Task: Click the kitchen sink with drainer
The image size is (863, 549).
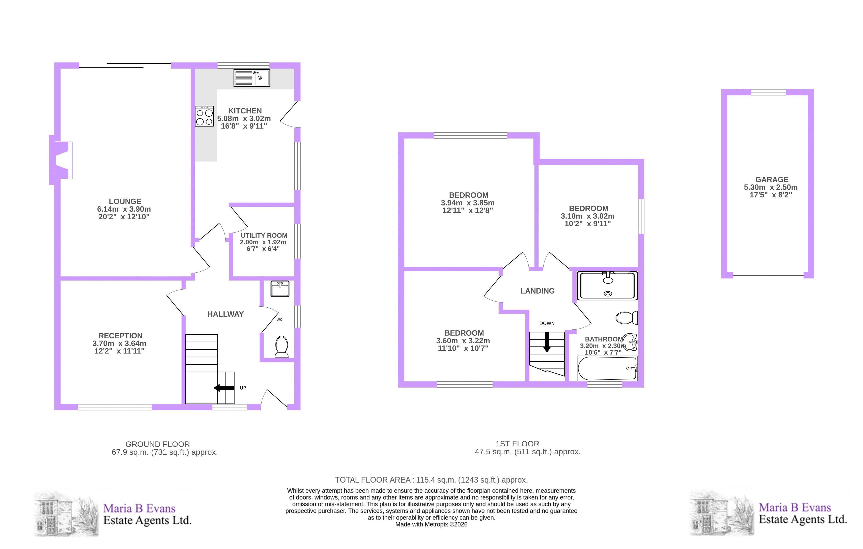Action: (x=251, y=78)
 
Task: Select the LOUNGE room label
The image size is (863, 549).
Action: (x=125, y=201)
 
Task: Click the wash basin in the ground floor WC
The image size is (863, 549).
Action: (x=280, y=289)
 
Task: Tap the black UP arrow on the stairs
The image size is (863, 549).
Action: (x=224, y=388)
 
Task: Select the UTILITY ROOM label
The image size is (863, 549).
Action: (x=264, y=235)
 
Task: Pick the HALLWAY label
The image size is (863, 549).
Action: (x=225, y=314)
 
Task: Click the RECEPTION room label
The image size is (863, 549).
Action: (x=120, y=336)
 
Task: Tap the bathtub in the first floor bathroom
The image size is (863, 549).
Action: (x=607, y=368)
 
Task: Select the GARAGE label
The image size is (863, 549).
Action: (x=772, y=180)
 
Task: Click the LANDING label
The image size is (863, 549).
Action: (x=537, y=291)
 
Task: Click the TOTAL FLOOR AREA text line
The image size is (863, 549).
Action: (x=431, y=480)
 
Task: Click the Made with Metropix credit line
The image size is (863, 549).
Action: (x=431, y=524)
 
